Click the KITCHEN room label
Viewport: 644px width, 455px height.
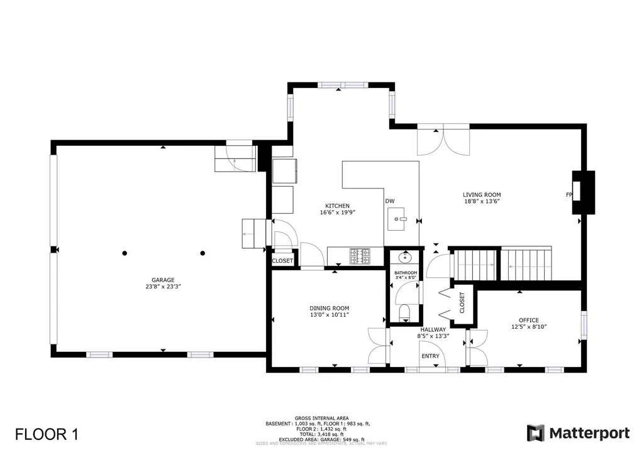tap(337, 206)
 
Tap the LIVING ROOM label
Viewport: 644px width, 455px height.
tap(482, 195)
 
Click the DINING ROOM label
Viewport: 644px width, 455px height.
tap(329, 308)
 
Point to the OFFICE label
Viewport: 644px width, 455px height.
tap(528, 320)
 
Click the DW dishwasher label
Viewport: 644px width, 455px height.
tap(390, 201)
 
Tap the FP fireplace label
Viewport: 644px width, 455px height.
tap(569, 195)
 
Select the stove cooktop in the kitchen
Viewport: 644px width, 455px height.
tap(360, 255)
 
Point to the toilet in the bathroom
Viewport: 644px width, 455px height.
tap(404, 312)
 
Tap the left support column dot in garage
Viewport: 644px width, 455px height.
tap(125, 253)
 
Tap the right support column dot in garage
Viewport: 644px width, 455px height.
tap(203, 253)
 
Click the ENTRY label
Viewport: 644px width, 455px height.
tap(431, 356)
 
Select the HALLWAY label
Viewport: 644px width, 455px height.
tap(433, 329)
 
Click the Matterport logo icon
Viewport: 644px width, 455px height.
tap(535, 433)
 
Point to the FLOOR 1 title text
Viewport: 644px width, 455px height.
tap(47, 434)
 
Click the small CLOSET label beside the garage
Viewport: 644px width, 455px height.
tap(282, 261)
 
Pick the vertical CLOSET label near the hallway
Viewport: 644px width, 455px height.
tap(462, 302)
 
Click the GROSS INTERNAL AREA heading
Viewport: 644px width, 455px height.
tap(321, 418)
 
